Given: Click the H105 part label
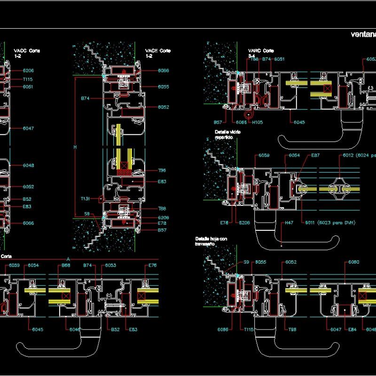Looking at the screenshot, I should (x=258, y=122).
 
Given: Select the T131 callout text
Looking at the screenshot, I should (x=85, y=199).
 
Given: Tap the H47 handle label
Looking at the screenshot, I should (x=288, y=223).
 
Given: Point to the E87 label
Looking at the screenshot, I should (x=315, y=155).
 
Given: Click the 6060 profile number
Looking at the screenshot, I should (x=354, y=262).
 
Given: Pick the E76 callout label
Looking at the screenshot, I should (x=152, y=266).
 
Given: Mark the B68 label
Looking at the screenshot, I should (x=66, y=266).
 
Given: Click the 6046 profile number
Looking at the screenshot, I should (x=74, y=329).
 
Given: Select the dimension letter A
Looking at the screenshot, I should (x=69, y=259).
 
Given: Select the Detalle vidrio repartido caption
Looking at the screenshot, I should (x=227, y=135).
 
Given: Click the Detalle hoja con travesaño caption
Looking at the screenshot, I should (x=211, y=242).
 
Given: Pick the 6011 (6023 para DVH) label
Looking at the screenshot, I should (x=329, y=223).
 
